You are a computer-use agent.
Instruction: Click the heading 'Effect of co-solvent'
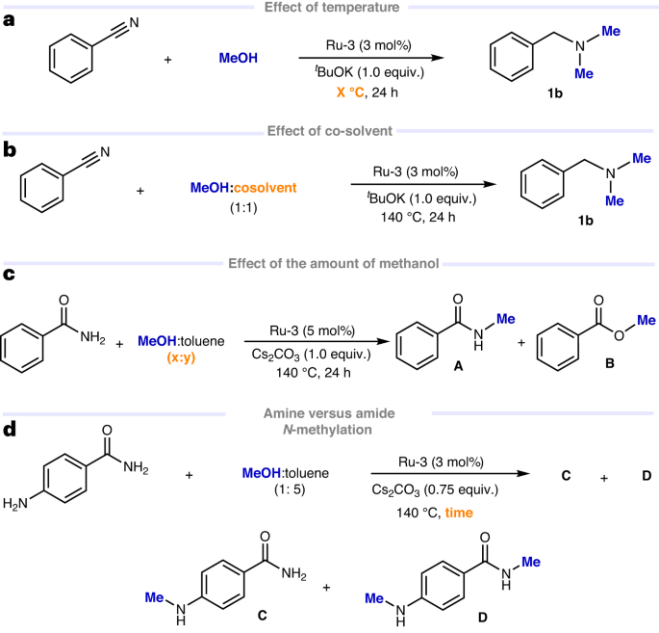[328, 130]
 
